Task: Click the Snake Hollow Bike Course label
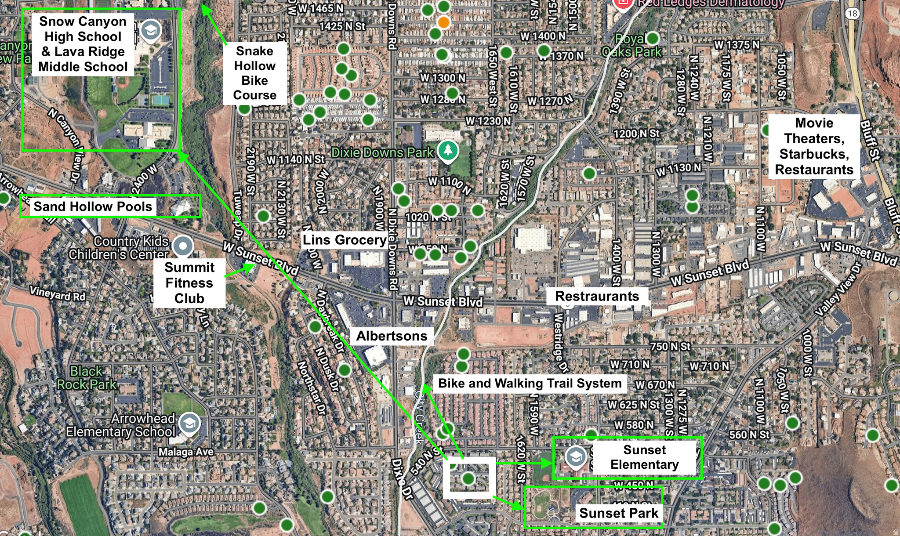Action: coord(255,73)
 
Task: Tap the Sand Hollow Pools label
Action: coord(93,206)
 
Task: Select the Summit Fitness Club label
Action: coord(189,283)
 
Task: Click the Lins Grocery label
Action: coord(345,240)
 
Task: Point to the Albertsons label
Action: coord(392,336)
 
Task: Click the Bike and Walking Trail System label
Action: coord(530,383)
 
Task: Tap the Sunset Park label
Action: coord(618,513)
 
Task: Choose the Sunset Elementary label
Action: coord(644,457)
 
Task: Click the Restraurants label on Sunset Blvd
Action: coord(597,296)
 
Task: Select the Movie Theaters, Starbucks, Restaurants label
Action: coord(814,146)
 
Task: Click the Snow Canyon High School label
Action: coord(83,44)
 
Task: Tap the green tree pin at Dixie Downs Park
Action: coord(448,150)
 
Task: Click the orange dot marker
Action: coord(444,22)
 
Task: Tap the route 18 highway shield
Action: coord(853,13)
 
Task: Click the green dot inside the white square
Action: coord(468,478)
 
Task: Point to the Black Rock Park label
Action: coord(87,378)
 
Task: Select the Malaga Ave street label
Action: coord(186,452)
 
